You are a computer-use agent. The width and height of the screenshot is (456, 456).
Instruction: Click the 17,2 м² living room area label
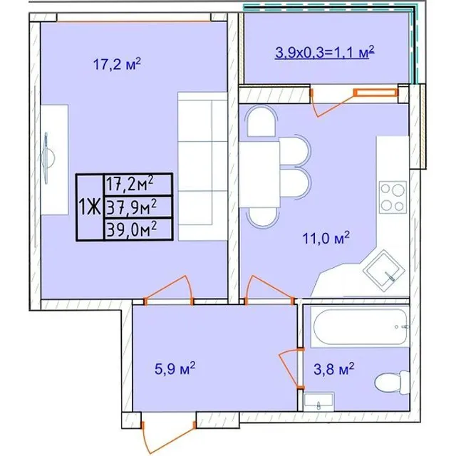(117, 64)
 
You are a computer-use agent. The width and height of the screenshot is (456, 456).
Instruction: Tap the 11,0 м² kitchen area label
(326, 238)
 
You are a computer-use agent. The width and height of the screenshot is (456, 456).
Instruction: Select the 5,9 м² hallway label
(175, 368)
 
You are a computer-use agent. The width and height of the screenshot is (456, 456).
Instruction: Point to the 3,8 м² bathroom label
(334, 369)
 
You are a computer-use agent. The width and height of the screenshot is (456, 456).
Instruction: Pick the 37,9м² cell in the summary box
(132, 207)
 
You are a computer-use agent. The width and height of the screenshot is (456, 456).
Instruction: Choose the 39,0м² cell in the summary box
(132, 229)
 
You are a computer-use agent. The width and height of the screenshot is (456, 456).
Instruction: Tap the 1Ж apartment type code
(90, 207)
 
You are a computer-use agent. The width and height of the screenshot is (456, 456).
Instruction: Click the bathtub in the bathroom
(360, 326)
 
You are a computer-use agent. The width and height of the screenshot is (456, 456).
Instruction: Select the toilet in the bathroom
(393, 382)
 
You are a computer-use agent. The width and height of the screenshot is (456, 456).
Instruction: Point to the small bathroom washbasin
(318, 402)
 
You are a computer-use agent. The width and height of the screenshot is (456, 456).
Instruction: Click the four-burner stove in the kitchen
(393, 197)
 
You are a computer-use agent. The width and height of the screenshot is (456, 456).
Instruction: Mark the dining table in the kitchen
(259, 174)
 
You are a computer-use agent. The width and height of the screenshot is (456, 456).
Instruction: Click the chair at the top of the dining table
(261, 120)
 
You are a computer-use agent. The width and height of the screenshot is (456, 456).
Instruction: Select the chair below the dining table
(263, 217)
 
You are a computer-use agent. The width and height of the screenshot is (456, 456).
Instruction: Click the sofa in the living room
(202, 166)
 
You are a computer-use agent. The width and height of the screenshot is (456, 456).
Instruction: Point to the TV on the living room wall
(46, 158)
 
